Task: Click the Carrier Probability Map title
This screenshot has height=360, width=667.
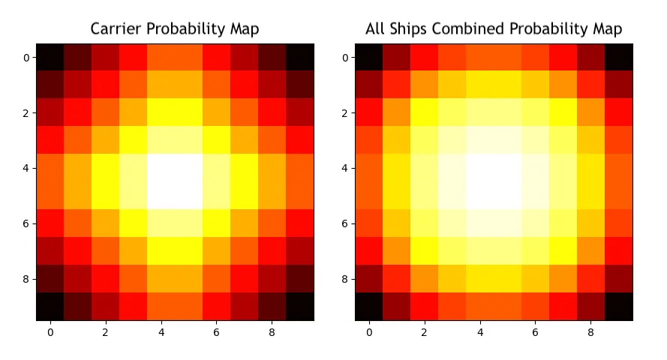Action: (175, 29)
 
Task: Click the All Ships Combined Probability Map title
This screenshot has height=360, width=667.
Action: (494, 29)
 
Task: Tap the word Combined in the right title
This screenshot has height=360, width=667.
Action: (471, 29)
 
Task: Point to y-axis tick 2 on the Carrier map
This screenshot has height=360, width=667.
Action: (26, 113)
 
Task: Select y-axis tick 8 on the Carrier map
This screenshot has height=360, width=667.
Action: (26, 279)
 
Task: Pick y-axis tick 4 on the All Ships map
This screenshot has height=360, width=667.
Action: (345, 169)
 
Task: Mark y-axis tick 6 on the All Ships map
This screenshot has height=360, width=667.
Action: (345, 223)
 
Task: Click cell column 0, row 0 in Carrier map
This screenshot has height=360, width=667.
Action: (50, 58)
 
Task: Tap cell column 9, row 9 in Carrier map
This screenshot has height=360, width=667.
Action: (299, 307)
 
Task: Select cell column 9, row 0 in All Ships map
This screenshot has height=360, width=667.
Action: (618, 58)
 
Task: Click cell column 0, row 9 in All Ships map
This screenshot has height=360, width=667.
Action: (368, 307)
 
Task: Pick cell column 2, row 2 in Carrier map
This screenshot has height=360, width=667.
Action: (106, 113)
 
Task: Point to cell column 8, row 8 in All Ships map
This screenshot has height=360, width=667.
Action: (590, 279)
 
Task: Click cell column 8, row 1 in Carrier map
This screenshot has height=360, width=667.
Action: (272, 85)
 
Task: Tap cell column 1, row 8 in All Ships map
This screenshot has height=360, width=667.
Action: (396, 279)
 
